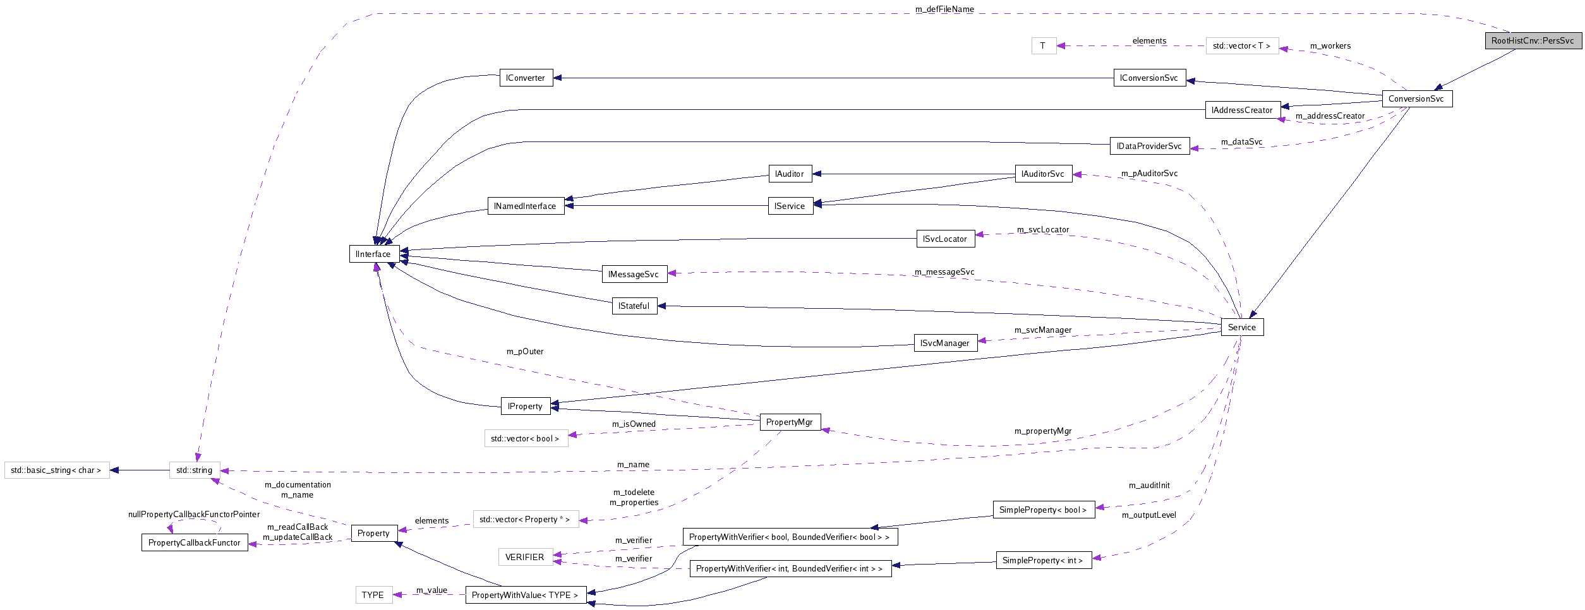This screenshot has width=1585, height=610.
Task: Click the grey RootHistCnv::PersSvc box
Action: pyautogui.click(x=1533, y=40)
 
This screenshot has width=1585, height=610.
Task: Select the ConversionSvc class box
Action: pyautogui.click(x=1416, y=99)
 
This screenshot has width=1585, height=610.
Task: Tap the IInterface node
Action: pyautogui.click(x=373, y=254)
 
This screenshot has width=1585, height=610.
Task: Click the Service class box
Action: pyautogui.click(x=1242, y=327)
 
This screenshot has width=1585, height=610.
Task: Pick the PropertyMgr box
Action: pyautogui.click(x=790, y=422)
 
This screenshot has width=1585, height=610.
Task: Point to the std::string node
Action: pyautogui.click(x=195, y=470)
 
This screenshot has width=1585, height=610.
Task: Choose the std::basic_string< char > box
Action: pyautogui.click(x=56, y=470)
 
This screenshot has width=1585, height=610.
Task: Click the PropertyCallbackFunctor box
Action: pyautogui.click(x=195, y=542)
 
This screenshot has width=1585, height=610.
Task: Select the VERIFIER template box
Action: pyautogui.click(x=525, y=557)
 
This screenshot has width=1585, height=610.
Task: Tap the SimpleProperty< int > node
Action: pyautogui.click(x=1043, y=560)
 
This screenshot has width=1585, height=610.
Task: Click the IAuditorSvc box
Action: pyautogui.click(x=1043, y=174)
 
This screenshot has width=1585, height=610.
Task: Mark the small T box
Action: pyautogui.click(x=1043, y=45)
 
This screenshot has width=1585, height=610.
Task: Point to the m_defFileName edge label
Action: pyautogui.click(x=944, y=9)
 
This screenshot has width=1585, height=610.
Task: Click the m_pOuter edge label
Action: pyautogui.click(x=525, y=351)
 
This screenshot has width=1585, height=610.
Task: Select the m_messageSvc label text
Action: pyautogui.click(x=944, y=272)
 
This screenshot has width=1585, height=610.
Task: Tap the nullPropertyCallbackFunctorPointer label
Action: pyautogui.click(x=194, y=514)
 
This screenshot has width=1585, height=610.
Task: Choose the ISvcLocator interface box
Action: pyautogui.click(x=945, y=239)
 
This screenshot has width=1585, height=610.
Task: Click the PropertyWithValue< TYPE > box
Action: pyautogui.click(x=525, y=595)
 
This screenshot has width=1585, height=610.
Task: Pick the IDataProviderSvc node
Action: pyautogui.click(x=1149, y=146)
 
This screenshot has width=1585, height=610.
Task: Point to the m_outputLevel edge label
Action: pyautogui.click(x=1149, y=515)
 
